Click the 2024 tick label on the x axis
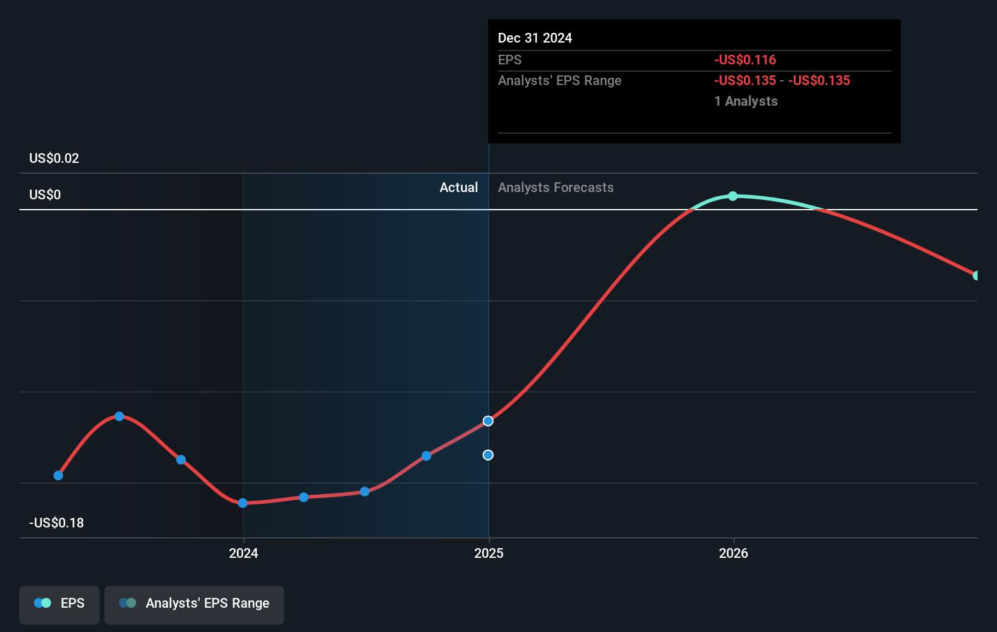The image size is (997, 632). (243, 553)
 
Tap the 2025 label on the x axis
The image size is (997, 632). (489, 553)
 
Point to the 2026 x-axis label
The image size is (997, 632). (733, 553)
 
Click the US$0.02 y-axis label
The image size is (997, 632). (54, 159)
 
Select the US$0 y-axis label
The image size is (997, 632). (45, 195)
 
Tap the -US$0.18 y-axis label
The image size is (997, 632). (56, 523)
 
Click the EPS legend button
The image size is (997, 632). (60, 603)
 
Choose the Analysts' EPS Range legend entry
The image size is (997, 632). (194, 603)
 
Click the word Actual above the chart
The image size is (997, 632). (458, 188)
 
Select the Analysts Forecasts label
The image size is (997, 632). (556, 188)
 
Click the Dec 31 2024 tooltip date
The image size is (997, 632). (535, 38)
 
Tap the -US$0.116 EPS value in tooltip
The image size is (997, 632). (745, 60)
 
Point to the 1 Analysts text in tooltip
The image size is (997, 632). (746, 101)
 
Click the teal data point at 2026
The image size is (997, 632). (733, 196)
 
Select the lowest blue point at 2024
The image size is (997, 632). (243, 503)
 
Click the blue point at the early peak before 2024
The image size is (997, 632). (120, 416)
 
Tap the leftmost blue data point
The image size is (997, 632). (58, 475)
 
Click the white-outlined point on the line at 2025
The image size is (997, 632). (488, 421)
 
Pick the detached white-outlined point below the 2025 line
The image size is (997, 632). (488, 455)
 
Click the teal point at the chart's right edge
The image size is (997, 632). (976, 276)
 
